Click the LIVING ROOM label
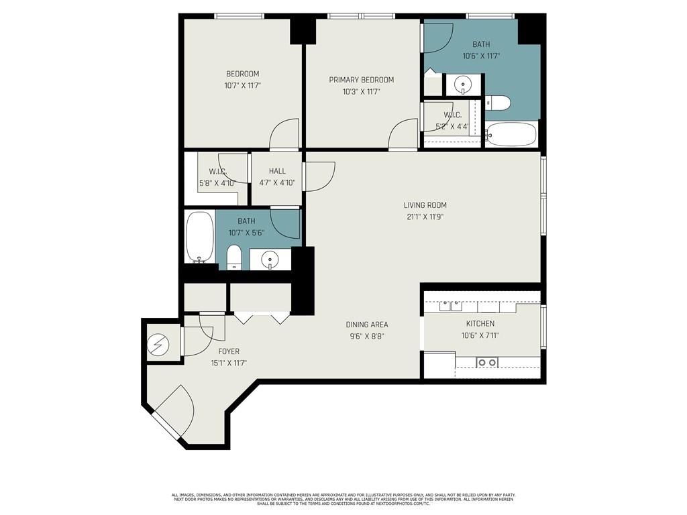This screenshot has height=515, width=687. (425, 205)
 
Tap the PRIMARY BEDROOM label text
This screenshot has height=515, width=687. (361, 80)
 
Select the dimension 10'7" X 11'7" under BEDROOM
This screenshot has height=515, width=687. (242, 86)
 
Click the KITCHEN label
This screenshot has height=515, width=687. (480, 324)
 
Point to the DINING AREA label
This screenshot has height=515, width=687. (367, 325)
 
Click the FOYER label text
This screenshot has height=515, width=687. (229, 351)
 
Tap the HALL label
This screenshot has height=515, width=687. (277, 171)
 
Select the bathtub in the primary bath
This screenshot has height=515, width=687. (511, 134)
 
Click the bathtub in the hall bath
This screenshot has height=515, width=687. (199, 238)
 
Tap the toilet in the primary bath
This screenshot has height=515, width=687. (498, 103)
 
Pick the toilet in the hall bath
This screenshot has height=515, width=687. (234, 257)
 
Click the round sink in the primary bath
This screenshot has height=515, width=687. (463, 84)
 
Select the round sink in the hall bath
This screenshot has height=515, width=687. (270, 258)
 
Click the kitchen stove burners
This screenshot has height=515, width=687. (487, 363)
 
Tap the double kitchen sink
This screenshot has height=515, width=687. (451, 306)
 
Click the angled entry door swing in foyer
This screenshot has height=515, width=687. (175, 410)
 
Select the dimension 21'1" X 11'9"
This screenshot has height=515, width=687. (425, 217)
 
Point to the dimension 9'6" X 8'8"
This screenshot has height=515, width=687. (367, 337)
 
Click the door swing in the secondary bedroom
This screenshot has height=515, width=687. (284, 133)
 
